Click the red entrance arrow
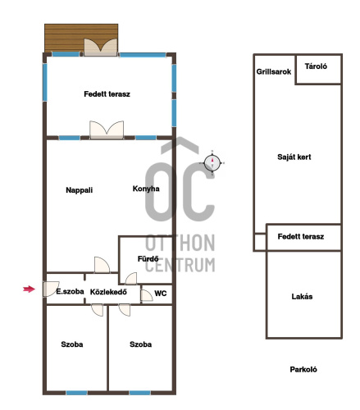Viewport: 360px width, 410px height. pos(29,289)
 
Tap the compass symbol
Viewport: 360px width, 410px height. pos(212,163)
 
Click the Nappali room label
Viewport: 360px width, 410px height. pos(80,190)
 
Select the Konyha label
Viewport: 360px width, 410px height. pos(146,189)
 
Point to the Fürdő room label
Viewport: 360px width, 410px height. pos(148,258)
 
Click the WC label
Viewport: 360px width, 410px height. pos(161,294)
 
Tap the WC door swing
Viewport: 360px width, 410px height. pos(147,295)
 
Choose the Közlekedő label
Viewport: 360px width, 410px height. pos(108,292)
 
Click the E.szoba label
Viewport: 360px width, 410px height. pos(70,291)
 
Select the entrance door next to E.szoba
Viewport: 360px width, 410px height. pos(51,289)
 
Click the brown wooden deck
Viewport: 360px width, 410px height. pos(81,38)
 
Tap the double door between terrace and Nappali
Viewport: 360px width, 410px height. pos(107,130)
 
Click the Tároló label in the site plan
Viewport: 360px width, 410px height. pos(316,66)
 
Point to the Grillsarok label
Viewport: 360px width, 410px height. pos(274,71)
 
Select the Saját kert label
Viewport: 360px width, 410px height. pos(294,157)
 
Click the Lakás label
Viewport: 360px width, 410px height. pos(302,297)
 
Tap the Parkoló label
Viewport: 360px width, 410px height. pos(303,370)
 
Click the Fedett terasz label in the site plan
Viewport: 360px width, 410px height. pos(301,236)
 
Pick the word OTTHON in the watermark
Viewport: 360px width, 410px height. pos(180,243)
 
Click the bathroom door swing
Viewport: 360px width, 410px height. pos(131,279)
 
